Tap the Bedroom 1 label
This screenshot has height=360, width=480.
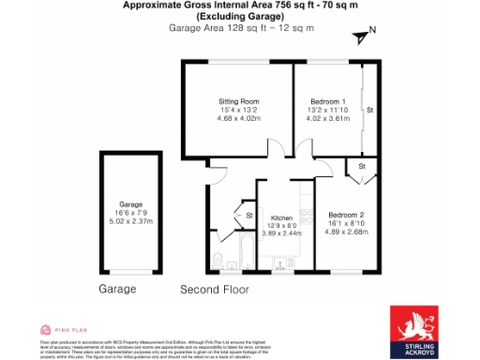tap(328, 100)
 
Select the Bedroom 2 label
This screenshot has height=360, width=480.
tap(347, 214)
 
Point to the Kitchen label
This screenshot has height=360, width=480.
tap(281, 217)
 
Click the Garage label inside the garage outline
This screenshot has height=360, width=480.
tap(130, 204)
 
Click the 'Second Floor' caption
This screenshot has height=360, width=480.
tap(215, 290)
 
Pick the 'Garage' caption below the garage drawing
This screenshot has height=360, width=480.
tap(117, 290)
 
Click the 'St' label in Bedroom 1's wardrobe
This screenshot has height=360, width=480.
tap(370, 110)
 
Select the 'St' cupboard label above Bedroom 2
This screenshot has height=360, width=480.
tap(361, 167)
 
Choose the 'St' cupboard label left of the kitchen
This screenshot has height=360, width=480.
tap(248, 217)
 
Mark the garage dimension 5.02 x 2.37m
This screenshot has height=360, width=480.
tap(130, 222)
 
